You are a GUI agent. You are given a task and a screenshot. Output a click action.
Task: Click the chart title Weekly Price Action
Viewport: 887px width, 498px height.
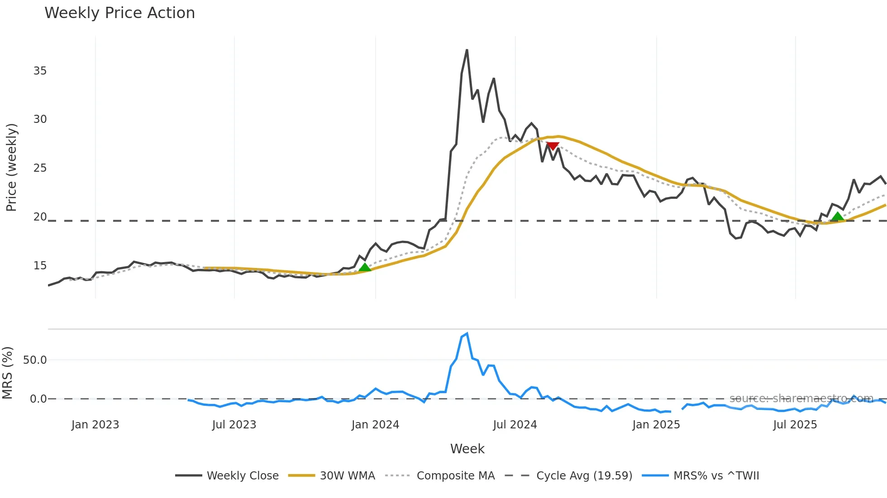(119, 13)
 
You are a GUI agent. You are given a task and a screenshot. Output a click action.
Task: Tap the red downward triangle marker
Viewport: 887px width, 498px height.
(553, 146)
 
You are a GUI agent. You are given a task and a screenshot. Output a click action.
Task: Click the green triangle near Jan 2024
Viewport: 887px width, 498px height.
(365, 267)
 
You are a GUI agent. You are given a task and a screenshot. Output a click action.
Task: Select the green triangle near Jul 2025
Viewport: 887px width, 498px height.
(838, 216)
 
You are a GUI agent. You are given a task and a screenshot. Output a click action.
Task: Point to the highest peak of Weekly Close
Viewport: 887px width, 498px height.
(467, 50)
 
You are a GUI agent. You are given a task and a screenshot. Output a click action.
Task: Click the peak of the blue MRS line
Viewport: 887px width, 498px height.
(467, 334)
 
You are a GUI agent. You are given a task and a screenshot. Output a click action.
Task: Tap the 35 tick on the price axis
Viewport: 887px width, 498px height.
(40, 71)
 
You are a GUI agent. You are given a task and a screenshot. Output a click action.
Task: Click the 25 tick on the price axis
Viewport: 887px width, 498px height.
(40, 168)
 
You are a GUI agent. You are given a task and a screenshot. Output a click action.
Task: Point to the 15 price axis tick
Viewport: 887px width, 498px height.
(40, 266)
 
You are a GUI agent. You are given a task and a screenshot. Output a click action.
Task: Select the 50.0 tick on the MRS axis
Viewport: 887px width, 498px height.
(35, 360)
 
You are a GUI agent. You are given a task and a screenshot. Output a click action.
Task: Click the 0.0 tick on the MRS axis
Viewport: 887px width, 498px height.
(38, 399)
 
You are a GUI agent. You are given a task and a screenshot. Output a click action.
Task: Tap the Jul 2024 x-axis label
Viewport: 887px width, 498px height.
(515, 425)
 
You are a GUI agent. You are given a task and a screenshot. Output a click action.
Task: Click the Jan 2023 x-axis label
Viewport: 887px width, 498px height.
(95, 425)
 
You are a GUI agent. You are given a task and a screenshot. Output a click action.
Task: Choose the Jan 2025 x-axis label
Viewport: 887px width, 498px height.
(656, 425)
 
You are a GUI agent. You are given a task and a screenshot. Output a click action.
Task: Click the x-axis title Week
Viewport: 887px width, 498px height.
(467, 449)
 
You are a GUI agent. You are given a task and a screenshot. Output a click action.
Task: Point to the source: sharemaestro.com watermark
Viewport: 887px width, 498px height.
(801, 399)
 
